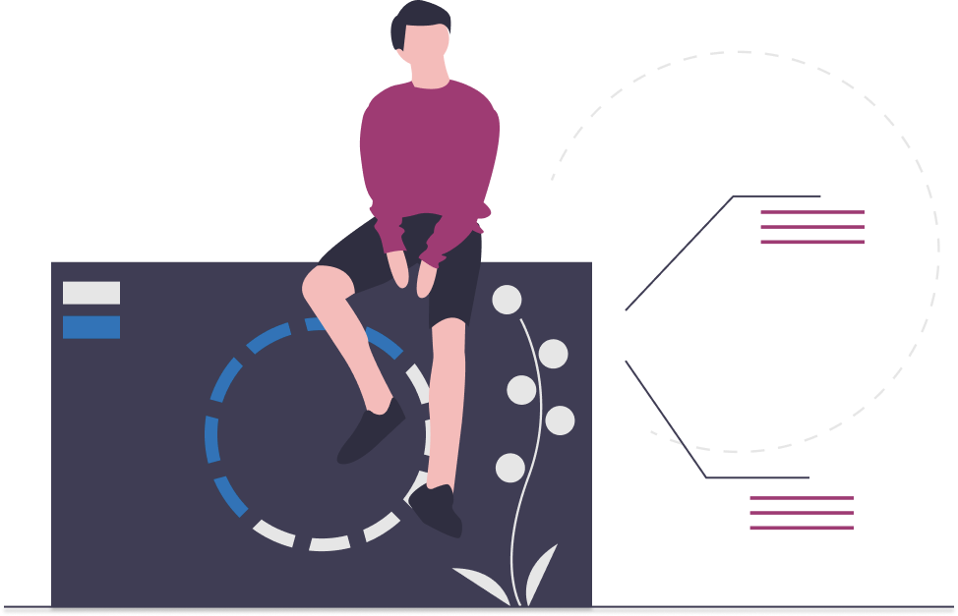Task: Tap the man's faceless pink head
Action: click(x=429, y=49)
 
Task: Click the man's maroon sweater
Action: click(x=429, y=147)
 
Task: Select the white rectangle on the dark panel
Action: click(x=91, y=293)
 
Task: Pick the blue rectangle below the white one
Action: click(x=91, y=327)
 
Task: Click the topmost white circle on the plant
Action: click(x=507, y=300)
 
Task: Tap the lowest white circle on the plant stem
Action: click(x=509, y=468)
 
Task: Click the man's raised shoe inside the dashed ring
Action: click(x=370, y=432)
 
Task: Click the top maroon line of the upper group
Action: click(x=811, y=212)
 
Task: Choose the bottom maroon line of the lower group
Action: click(x=801, y=529)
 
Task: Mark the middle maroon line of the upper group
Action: click(x=811, y=227)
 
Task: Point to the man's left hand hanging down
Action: click(x=426, y=281)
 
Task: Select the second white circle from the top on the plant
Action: click(x=553, y=354)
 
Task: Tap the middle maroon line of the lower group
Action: click(x=801, y=513)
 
